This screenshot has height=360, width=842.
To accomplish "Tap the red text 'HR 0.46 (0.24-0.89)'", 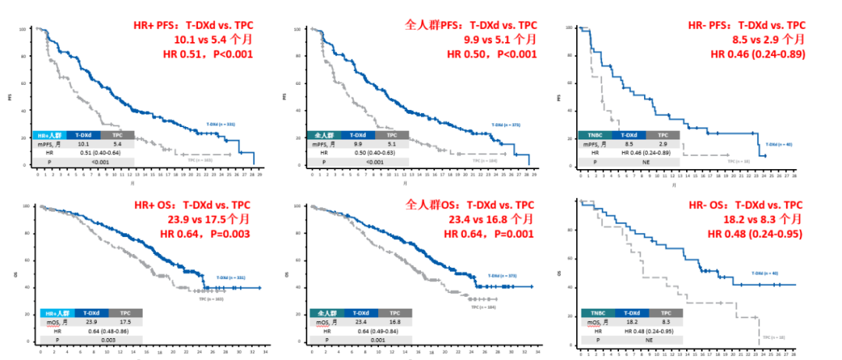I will (x=758, y=54).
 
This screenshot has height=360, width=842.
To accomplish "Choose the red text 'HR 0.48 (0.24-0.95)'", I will (x=755, y=235).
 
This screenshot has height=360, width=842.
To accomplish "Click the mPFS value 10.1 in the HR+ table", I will (x=84, y=143).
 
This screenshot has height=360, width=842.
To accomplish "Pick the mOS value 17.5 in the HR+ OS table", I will (x=123, y=321).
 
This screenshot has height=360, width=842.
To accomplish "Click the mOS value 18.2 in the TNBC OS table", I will (x=631, y=321).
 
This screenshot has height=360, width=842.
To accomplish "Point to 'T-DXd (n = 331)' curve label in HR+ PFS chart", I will (x=220, y=124).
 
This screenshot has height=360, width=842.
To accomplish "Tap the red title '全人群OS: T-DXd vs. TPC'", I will (x=471, y=205).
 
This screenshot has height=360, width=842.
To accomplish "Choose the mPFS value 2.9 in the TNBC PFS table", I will (x=663, y=143).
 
